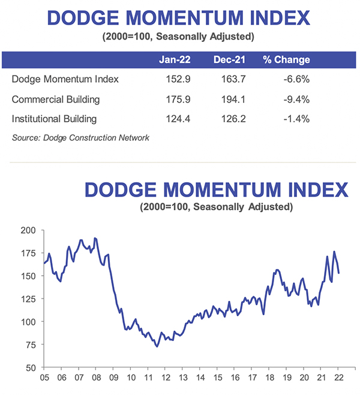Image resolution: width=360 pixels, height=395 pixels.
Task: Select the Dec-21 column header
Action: tap(229, 60)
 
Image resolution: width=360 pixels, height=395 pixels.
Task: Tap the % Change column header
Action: tap(286, 60)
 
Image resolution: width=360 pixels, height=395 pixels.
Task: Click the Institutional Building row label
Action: tap(54, 119)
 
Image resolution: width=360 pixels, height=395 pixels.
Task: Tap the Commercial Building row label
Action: tap(56, 99)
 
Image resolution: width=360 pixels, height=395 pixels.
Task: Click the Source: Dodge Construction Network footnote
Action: tap(80, 138)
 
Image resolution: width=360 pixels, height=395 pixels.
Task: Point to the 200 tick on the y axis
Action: tap(29, 230)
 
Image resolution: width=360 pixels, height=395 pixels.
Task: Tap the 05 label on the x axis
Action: tap(44, 379)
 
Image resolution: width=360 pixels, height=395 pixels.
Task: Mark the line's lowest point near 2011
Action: tap(157, 346)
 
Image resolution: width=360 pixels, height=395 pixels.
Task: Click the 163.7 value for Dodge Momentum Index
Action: tap(229, 79)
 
